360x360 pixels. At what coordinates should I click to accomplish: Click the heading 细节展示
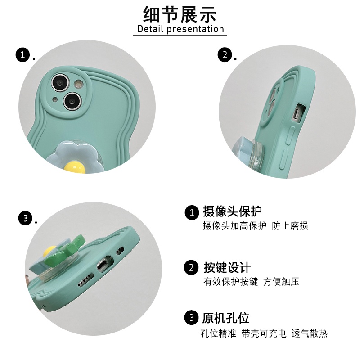coord(180,14)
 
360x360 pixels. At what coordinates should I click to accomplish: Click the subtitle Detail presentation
coord(181,29)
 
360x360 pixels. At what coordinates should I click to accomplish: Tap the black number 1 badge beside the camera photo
coord(23,55)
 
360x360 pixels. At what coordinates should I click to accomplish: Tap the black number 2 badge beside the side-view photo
coord(225,55)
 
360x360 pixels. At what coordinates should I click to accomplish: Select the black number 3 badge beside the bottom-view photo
coord(26,218)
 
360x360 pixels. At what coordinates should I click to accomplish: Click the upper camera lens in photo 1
coord(60,82)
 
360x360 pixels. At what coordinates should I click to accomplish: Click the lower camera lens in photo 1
coord(72,101)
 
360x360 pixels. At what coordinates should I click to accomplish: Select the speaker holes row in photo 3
coord(86,280)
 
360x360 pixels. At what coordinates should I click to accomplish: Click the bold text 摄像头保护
coord(232,211)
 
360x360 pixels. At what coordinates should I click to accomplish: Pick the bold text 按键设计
coord(227,267)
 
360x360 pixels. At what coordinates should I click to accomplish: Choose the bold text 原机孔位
coord(226,318)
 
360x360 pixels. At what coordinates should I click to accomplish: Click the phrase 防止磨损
coord(290,226)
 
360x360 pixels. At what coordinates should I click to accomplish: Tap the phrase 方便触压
coord(281,282)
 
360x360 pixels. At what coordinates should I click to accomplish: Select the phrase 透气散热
coord(310,333)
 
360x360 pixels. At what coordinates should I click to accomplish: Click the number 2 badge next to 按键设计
coord(191,267)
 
